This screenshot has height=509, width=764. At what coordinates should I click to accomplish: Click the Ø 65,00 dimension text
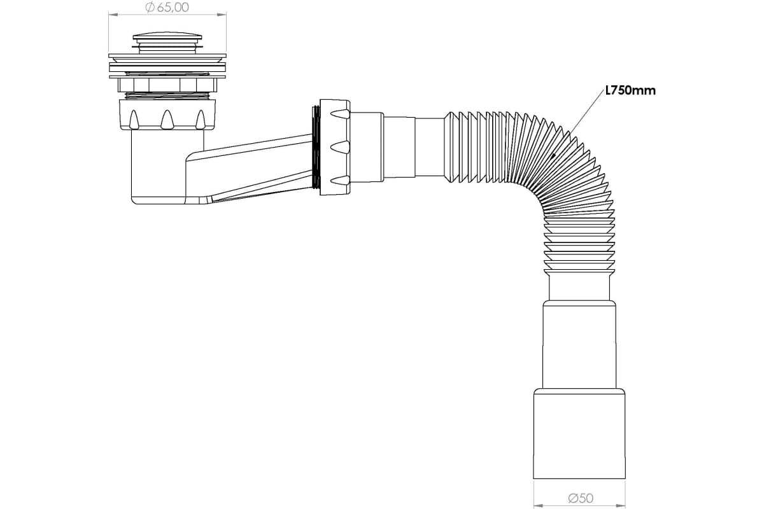[x=167, y=7]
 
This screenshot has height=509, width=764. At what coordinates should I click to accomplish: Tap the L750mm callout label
[x=630, y=91]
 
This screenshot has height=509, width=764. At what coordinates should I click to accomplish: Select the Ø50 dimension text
[x=581, y=498]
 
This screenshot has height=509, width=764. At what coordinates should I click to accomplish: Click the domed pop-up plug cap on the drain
[x=167, y=37]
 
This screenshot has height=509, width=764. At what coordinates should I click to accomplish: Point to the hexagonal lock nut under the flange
[x=167, y=85]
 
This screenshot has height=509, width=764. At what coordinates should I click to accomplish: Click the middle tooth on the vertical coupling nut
[x=341, y=147]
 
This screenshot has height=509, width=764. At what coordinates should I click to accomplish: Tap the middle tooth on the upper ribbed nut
[x=167, y=120]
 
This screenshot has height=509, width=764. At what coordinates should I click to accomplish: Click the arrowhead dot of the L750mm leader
[x=553, y=155]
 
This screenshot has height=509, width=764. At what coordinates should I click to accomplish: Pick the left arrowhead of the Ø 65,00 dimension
[x=113, y=15]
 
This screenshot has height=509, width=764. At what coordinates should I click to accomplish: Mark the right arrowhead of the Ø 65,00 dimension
[x=222, y=15]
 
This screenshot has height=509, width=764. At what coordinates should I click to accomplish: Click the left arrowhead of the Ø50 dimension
[x=538, y=506]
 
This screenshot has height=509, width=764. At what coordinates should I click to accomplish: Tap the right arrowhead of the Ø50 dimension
[x=621, y=506]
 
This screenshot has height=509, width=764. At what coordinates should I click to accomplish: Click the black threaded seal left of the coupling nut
[x=316, y=147]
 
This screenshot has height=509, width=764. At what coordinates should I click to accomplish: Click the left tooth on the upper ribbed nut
[x=134, y=120]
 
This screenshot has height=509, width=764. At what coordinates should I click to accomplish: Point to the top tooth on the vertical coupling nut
[x=341, y=113]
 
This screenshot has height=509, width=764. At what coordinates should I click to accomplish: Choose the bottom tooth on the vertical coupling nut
[x=341, y=180]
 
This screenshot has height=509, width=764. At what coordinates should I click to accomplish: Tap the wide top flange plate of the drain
[x=167, y=55]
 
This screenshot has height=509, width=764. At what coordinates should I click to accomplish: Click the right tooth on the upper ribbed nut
[x=200, y=120]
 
